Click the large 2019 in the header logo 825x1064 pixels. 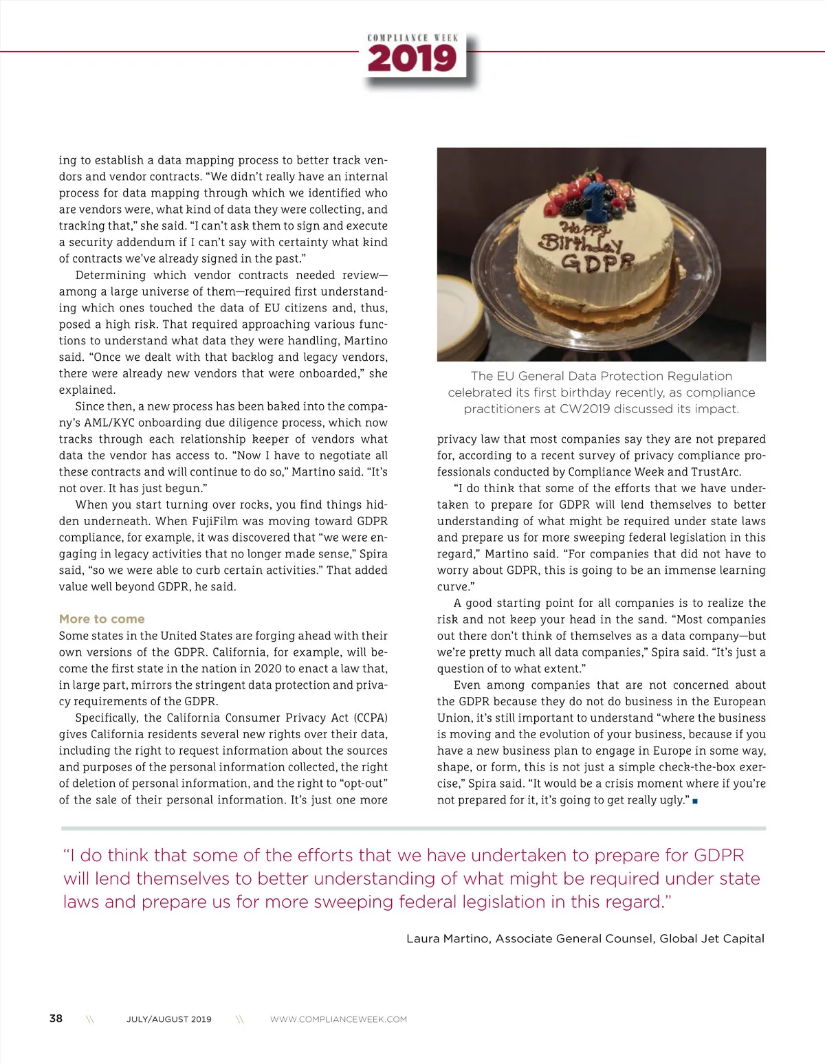click(412, 59)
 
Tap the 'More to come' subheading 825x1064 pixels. click(102, 619)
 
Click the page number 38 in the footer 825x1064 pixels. click(56, 1018)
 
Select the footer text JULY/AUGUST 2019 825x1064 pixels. click(168, 1019)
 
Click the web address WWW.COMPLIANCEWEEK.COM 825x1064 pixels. click(338, 1019)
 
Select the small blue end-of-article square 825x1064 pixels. click(695, 801)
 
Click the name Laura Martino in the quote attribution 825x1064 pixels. click(448, 938)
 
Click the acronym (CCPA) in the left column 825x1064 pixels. click(371, 718)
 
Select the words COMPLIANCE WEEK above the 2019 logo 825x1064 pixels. click(412, 38)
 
